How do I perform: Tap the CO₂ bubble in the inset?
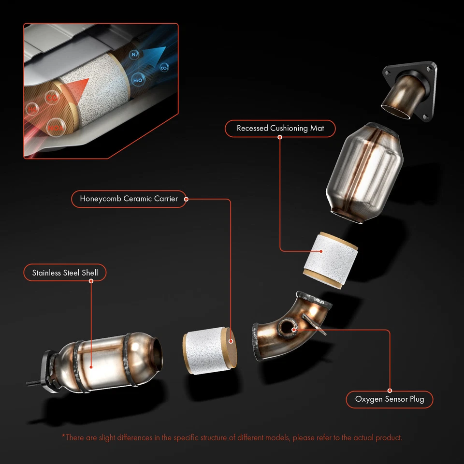164,68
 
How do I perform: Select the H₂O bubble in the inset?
138,80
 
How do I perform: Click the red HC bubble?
33,109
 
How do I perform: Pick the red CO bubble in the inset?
52,98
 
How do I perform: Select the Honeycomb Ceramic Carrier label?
129,199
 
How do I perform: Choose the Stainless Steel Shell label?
65,273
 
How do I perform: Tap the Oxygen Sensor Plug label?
389,399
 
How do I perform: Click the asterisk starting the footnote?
63,437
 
